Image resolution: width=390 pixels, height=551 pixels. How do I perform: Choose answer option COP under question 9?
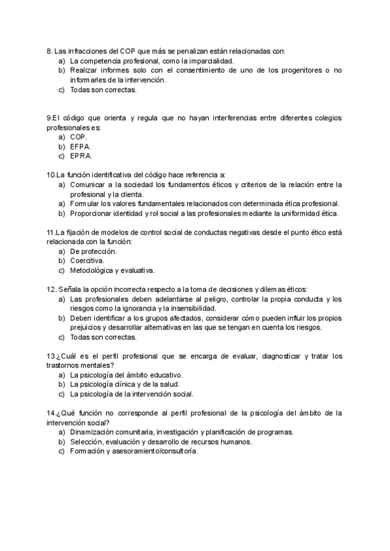pos(78,138)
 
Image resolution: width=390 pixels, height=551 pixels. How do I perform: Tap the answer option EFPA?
pos(81,147)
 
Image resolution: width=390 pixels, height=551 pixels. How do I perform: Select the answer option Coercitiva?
pos(87,261)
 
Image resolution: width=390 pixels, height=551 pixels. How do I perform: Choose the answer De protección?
pos(93,251)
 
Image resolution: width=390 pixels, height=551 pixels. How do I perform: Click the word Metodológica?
pos(94,270)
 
